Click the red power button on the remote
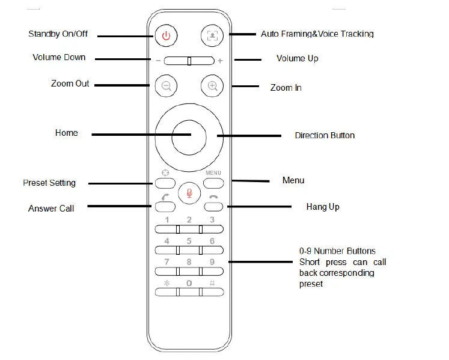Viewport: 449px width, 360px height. [166, 35]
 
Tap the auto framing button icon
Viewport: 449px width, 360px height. [212, 35]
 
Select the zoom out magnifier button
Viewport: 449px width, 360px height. [166, 86]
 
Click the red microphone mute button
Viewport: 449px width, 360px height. [189, 192]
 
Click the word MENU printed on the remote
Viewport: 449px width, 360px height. [213, 173]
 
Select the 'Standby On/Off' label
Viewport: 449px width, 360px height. [58, 34]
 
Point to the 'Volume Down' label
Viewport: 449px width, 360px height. [59, 58]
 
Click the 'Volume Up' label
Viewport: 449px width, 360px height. [297, 58]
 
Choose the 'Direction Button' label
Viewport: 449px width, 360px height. [325, 135]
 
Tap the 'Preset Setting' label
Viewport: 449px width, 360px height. [49, 183]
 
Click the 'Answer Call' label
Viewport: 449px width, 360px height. [51, 209]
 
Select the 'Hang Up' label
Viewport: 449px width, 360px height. [323, 207]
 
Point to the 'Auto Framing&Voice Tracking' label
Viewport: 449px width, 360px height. [317, 34]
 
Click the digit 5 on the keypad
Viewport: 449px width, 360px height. [189, 241]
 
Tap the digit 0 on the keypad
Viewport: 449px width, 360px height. [189, 283]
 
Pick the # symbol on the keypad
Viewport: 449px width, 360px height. [212, 283]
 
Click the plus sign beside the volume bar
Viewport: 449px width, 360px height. [220, 61]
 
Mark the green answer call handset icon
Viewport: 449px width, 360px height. [166, 197]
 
